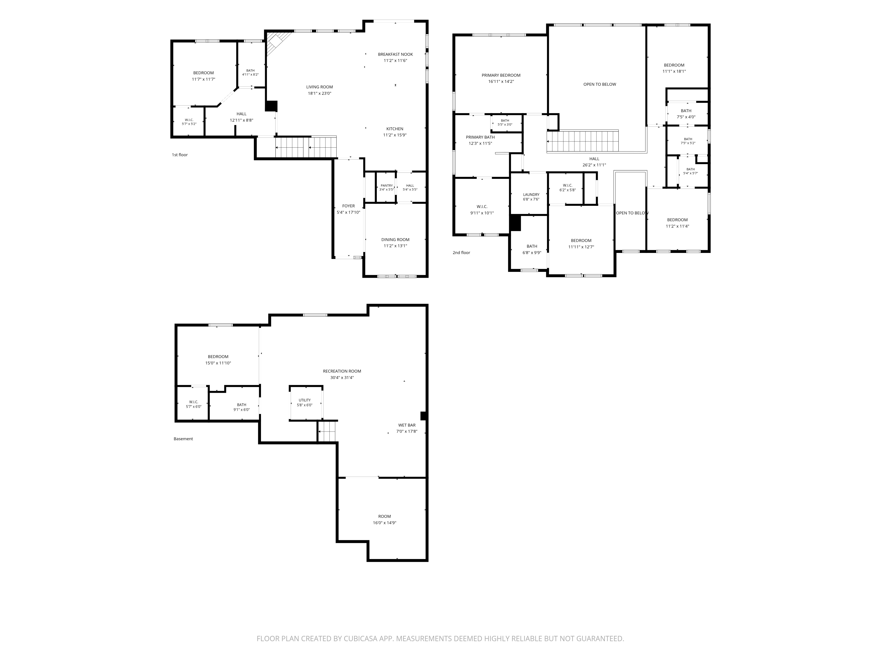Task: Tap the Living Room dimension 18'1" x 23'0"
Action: (x=319, y=93)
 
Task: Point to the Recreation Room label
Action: (x=342, y=371)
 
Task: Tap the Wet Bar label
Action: (x=407, y=425)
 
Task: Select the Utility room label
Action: (x=305, y=400)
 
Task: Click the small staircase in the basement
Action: (x=327, y=431)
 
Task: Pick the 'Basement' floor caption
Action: (x=183, y=439)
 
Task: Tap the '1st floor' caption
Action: (x=180, y=155)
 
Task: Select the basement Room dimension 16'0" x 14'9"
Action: (x=384, y=523)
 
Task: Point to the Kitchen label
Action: (x=395, y=129)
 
